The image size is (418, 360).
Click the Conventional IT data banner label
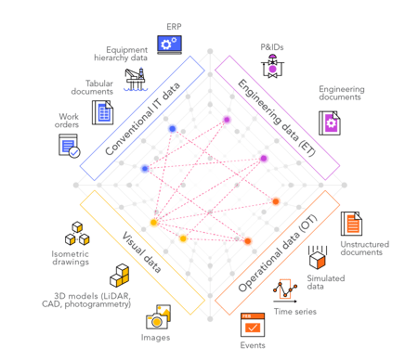click(141, 118)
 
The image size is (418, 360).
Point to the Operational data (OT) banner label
click(278, 253)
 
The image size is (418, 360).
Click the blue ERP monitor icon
click(169, 43)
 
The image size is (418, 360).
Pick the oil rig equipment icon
click(136, 78)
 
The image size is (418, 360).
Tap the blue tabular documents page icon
click(102, 112)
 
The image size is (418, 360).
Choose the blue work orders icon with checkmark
click(70, 146)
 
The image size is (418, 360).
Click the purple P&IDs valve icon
click(272, 65)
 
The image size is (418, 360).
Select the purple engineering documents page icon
click(330, 122)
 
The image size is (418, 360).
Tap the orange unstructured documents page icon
click(351, 224)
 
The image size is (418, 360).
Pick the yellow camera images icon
click(158, 317)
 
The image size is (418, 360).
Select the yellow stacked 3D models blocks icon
click(119, 276)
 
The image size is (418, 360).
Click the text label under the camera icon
click(155, 338)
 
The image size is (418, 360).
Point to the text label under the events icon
click(252, 345)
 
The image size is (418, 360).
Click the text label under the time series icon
click(294, 312)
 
